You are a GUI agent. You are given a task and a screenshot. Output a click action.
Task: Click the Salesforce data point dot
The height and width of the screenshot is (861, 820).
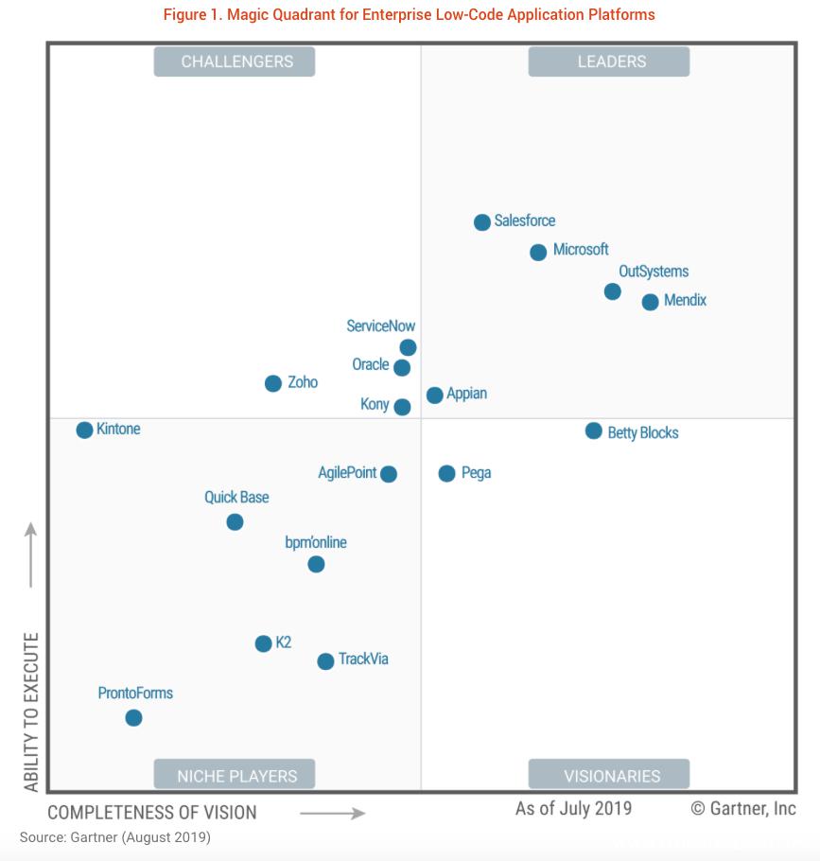coord(482,222)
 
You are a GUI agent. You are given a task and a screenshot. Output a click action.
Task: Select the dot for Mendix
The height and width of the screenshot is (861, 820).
coord(650,302)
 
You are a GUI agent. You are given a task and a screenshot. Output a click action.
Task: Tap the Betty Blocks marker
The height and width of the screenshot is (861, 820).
coord(593,431)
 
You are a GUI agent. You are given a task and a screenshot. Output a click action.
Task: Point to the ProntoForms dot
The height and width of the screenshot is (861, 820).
coord(133,718)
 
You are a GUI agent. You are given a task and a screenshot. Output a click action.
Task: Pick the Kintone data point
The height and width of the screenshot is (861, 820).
coord(84,430)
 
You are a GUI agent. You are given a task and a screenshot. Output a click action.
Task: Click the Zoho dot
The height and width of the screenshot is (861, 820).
coord(273,383)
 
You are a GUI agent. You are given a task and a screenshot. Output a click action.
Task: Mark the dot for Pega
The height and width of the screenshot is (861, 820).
coord(446,473)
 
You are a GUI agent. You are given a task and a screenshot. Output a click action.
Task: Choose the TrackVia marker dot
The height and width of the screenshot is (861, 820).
coord(325,661)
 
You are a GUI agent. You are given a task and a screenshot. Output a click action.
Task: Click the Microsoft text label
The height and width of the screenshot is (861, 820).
coord(581,250)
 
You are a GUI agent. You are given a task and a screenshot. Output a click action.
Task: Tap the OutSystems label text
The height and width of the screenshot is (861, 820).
coord(654,272)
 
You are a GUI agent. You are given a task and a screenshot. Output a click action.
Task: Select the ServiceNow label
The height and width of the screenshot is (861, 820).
coord(380,326)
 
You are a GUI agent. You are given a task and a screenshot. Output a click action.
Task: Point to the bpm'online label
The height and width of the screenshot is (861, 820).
coord(316,543)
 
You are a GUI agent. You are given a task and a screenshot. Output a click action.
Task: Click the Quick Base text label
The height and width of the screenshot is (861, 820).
coord(236,498)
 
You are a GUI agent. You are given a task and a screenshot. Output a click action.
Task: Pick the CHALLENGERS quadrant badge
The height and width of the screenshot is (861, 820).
coord(235,62)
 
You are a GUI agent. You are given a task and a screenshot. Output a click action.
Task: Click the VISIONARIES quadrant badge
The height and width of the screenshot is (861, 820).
coord(611,776)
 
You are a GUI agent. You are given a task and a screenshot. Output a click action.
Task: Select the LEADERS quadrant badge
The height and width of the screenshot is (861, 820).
coord(611,62)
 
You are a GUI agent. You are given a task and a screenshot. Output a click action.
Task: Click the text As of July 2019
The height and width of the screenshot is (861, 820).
coord(573,809)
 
